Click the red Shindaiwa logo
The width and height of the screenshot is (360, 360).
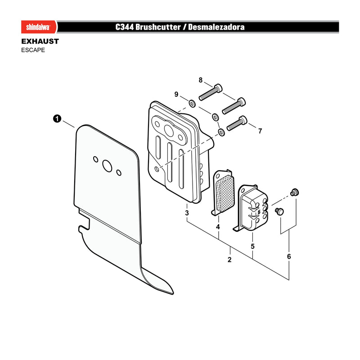39,27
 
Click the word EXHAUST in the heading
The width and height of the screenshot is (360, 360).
40,41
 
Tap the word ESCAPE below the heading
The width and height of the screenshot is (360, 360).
33,50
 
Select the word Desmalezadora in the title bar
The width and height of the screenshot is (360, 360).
216,27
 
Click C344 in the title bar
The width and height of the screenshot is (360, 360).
125,27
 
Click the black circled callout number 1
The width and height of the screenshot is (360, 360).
57,119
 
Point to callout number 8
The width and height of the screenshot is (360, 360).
201,80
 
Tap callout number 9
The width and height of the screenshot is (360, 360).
176,94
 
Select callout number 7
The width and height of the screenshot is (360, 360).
260,131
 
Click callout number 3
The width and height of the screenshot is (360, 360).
187,213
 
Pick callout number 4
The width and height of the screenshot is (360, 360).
218,227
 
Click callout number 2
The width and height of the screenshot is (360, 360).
229,260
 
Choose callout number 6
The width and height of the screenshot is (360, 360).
289,256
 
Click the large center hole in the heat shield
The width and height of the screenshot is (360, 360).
107,166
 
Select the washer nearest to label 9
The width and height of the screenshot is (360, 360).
192,103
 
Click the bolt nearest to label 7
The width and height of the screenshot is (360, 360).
237,123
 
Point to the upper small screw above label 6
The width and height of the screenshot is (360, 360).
294,192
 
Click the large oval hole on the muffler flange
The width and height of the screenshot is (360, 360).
170,130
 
